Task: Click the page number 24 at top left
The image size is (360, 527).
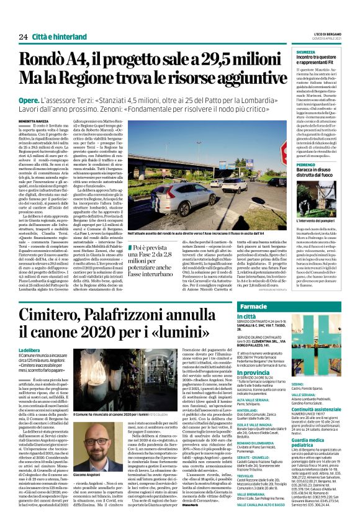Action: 23,37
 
